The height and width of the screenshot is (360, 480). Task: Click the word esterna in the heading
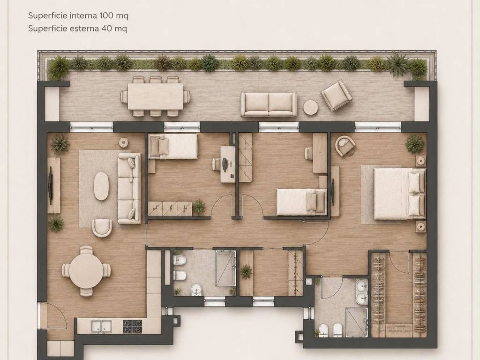coord(83,29)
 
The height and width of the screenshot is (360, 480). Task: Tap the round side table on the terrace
coord(310,108)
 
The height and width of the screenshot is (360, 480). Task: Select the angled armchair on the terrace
coord(336,96)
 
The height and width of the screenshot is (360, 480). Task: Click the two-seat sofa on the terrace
coord(269,105)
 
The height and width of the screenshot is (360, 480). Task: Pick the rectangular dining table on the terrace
coord(155,97)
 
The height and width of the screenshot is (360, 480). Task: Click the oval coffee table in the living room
coord(101,186)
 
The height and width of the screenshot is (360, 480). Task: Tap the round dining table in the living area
coord(86,271)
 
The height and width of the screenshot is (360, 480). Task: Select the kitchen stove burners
coord(133,326)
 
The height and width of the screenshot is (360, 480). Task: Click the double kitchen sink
coord(101,326)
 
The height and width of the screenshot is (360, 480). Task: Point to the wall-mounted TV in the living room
coord(50,186)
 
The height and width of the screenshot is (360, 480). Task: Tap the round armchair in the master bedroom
coord(345,146)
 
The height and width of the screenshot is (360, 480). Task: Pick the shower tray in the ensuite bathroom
coord(357,322)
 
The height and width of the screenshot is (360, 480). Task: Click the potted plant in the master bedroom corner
coord(415,144)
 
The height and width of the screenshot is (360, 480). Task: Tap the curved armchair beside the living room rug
coord(102,228)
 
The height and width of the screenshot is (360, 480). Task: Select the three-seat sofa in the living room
coord(129,188)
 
